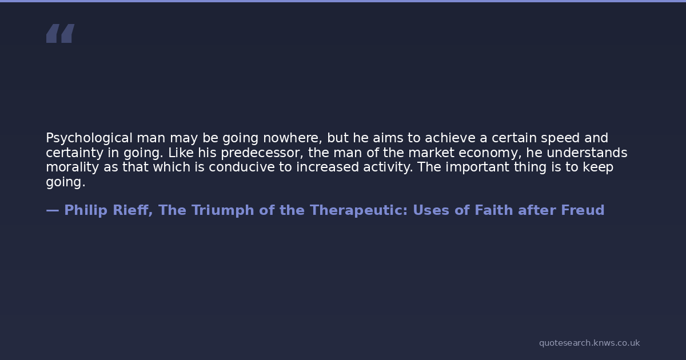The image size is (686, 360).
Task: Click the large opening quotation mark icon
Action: [61, 33]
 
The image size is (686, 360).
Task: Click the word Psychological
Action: [89, 138]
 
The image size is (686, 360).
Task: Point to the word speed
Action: [560, 138]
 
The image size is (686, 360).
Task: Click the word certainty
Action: [75, 153]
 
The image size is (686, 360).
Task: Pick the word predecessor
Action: [262, 153]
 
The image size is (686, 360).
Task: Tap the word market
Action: [431, 153]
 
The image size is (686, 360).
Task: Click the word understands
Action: [587, 153]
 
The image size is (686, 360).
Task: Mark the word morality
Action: [72, 167]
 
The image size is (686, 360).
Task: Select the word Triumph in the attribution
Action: [222, 211]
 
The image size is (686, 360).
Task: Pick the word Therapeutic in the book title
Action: [358, 211]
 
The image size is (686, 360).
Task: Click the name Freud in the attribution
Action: [583, 210]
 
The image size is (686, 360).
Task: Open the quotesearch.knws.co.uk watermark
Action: [589, 343]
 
